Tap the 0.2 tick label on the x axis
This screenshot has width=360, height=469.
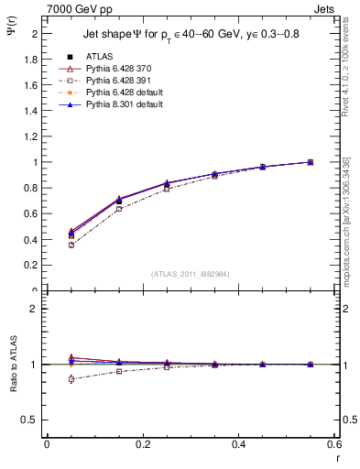point(142,444)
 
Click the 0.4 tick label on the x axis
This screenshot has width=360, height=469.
point(238,444)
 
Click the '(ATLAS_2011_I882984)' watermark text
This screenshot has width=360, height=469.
point(191,274)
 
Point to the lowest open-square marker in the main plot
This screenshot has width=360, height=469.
point(71,245)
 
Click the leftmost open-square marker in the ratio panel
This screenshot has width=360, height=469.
point(71,378)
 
